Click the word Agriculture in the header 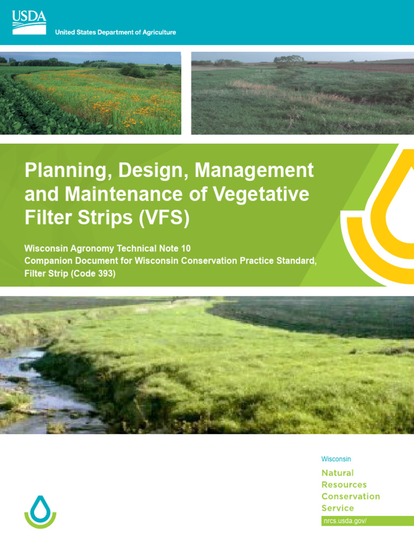click(157, 33)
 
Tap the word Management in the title click(254, 171)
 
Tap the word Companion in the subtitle click(50, 261)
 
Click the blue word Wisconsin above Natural click(336, 459)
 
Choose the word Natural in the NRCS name click(337, 473)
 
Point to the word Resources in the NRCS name click(344, 485)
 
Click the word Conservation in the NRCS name click(350, 497)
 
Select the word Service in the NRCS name click(337, 508)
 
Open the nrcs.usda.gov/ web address click(345, 521)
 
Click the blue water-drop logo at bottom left click(40, 511)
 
